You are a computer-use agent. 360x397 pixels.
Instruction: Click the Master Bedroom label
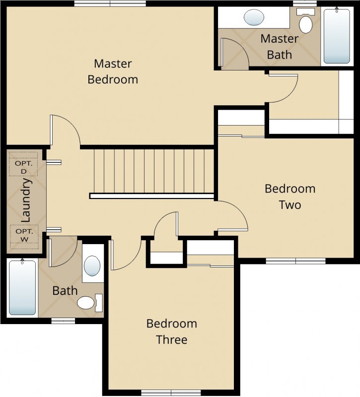point(113,71)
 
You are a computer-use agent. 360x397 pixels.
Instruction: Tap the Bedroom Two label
point(290,197)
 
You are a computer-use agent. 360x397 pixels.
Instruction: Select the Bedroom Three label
point(172,331)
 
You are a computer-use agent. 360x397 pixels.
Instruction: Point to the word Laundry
point(26,200)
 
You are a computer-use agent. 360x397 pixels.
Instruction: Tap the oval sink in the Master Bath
point(254,17)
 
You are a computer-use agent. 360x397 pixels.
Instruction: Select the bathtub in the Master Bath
point(337,35)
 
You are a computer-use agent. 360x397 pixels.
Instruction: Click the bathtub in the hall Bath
point(22,287)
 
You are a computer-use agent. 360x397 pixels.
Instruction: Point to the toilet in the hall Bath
point(90,303)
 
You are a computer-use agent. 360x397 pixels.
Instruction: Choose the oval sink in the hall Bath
point(92,265)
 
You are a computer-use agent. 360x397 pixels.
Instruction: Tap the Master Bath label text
point(280,47)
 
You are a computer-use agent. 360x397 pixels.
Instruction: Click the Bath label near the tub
point(65,291)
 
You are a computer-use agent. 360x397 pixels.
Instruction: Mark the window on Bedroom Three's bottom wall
point(171,393)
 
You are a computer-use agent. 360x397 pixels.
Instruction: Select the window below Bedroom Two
point(295,261)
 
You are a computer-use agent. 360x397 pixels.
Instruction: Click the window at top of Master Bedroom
point(110,3)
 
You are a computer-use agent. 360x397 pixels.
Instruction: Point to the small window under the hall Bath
point(63,321)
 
